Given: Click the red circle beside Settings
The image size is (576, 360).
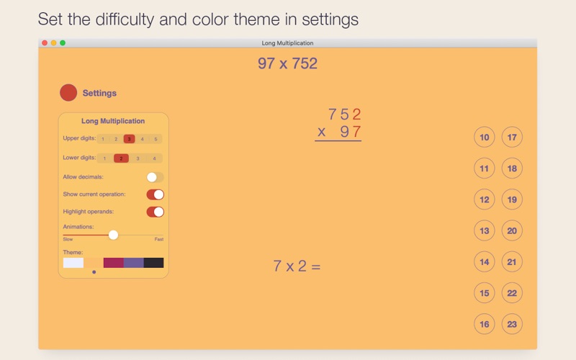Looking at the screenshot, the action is (68, 93).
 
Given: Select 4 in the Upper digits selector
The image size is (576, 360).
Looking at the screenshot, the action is (142, 139).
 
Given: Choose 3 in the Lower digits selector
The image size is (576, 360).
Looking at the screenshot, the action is (138, 158).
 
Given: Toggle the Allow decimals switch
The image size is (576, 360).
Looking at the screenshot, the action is (155, 177).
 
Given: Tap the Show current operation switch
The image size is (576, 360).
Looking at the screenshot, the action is (155, 194).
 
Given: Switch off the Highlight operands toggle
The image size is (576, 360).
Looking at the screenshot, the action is (155, 212).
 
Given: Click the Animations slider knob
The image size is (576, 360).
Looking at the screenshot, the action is (113, 235).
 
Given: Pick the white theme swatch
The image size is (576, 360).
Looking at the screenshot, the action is (73, 263).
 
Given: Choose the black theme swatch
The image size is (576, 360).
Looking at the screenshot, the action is (153, 263).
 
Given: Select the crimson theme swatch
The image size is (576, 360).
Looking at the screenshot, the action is (114, 263).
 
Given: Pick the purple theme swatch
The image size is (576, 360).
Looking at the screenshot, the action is (134, 263).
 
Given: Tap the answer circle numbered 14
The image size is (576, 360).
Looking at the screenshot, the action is (484, 262).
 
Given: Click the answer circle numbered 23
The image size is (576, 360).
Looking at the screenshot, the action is (512, 324).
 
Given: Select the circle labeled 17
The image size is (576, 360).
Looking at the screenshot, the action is (512, 138).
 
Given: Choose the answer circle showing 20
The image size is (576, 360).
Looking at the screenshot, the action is (512, 230).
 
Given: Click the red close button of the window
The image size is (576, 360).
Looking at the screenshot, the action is (45, 43).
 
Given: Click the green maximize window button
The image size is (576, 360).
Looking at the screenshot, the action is (63, 43).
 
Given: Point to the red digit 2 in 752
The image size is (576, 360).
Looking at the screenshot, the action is (356, 114).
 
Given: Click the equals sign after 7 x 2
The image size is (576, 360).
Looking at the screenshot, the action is (316, 266).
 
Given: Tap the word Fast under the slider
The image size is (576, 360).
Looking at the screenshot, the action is (159, 239).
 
